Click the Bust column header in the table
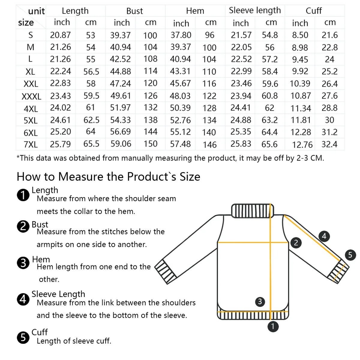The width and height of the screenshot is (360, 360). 134,11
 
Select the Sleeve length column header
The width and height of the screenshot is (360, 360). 255,10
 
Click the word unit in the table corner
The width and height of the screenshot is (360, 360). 36,11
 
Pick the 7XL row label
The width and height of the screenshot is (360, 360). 31,145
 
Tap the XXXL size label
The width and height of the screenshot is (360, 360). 31,97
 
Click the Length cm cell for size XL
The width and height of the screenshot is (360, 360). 91,72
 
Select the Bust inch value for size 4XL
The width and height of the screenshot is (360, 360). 120,108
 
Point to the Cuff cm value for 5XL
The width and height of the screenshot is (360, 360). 329,120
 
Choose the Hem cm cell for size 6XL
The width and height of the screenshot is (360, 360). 209,132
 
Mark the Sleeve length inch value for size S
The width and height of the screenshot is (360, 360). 241,35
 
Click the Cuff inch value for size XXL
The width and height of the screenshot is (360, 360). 300,84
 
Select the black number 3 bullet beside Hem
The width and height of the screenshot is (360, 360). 23,263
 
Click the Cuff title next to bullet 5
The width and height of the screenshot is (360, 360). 40,332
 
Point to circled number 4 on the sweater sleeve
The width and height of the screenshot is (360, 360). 324,236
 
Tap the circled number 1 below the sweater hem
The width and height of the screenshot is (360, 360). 273,326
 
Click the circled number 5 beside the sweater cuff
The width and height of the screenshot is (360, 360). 350,255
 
